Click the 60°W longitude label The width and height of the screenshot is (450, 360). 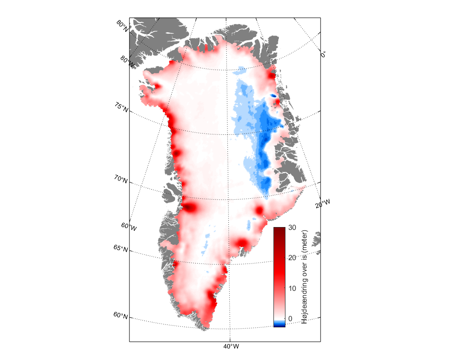click(x=129, y=226)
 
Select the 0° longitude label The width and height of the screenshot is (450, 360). click(x=324, y=54)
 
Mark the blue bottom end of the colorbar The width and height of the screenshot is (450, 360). click(x=279, y=324)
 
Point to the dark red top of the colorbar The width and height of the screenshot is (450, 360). click(x=279, y=230)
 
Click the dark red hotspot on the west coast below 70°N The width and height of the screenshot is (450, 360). click(x=190, y=208)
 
